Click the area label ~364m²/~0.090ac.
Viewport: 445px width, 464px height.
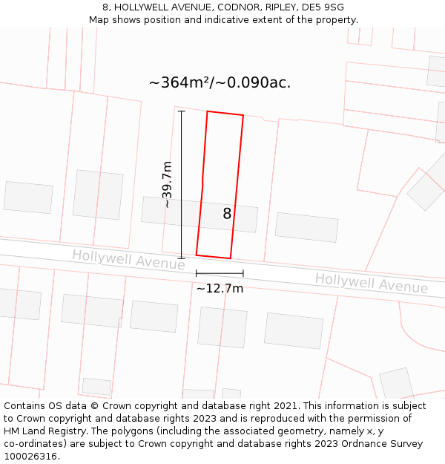[x=220, y=82]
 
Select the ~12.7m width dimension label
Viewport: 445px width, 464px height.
[x=220, y=288]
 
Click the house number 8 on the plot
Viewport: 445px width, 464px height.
[x=227, y=214]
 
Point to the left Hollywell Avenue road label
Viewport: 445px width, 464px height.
[x=128, y=260]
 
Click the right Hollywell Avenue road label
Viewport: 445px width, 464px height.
[x=371, y=283]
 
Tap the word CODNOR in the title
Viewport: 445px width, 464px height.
[x=230, y=7]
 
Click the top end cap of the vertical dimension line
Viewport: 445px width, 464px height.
[x=181, y=111]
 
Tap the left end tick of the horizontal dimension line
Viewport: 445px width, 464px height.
[x=197, y=274]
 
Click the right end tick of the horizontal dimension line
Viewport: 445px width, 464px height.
[x=243, y=274]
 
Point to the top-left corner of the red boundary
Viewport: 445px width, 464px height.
[x=207, y=111]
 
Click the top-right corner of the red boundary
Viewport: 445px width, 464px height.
[x=243, y=116]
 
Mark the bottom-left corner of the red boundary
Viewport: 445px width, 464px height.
[x=197, y=255]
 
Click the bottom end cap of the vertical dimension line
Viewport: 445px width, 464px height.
[x=181, y=258]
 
